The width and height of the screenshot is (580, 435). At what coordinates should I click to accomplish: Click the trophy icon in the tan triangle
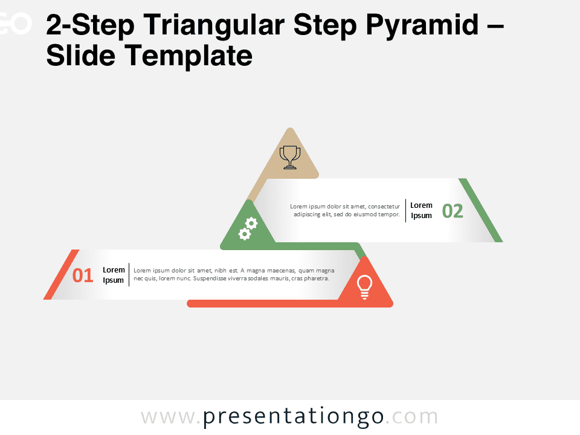coord(290,157)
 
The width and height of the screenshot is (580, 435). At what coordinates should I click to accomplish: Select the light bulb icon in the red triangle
coord(364,286)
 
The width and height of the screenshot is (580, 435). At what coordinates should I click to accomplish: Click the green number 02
coord(453,211)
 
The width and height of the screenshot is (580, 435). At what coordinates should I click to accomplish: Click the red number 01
coord(83,275)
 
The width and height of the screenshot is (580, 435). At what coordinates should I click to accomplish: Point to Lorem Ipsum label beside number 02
coord(421,210)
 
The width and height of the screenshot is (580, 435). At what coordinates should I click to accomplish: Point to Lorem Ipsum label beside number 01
coord(114,275)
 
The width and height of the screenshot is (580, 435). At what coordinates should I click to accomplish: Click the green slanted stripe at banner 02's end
coord(481,210)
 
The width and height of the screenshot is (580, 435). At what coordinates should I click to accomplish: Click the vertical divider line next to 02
coord(405,210)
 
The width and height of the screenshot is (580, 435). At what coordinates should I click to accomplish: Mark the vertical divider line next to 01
coord(129,275)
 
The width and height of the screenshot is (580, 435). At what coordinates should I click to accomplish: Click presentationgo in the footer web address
coord(293,417)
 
